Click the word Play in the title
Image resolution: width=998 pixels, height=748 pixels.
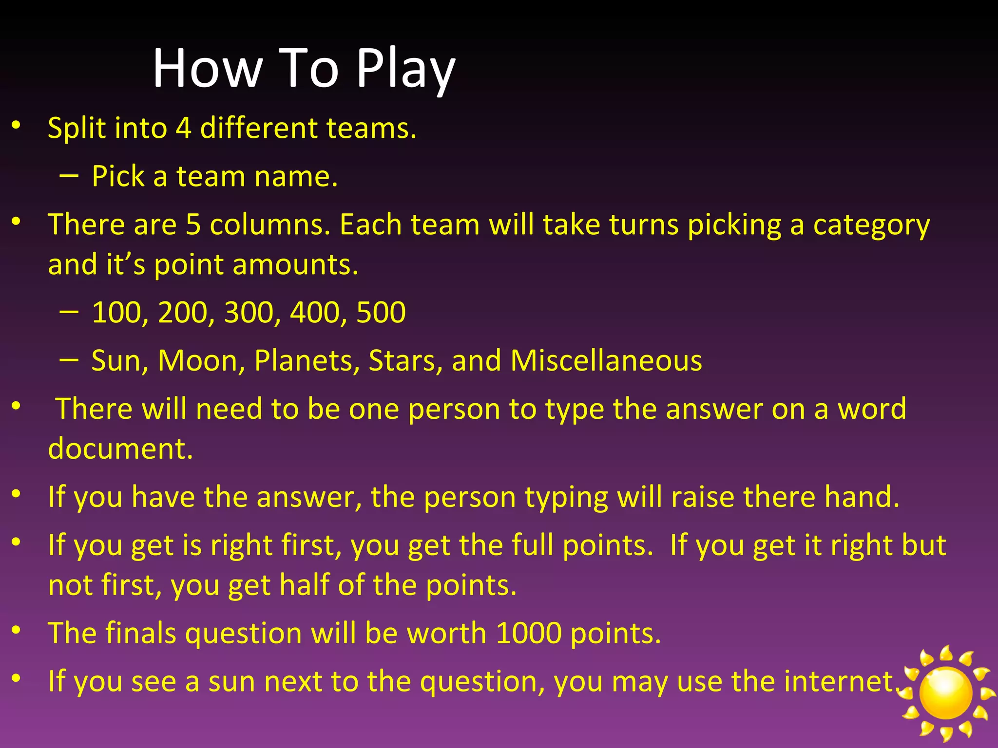point(405,69)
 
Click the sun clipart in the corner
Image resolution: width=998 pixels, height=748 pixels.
point(945,692)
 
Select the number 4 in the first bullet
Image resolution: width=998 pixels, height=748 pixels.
point(183,128)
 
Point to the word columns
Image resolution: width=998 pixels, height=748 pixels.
point(270,225)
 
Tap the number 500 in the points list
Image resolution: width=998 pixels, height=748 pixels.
point(381,313)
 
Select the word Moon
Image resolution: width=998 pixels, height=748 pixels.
point(201,361)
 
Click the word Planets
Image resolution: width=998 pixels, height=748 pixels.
point(307,361)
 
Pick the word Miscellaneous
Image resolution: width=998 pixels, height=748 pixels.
point(606,361)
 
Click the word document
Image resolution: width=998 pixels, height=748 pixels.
point(120,449)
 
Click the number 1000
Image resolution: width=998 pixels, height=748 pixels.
point(528,633)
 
